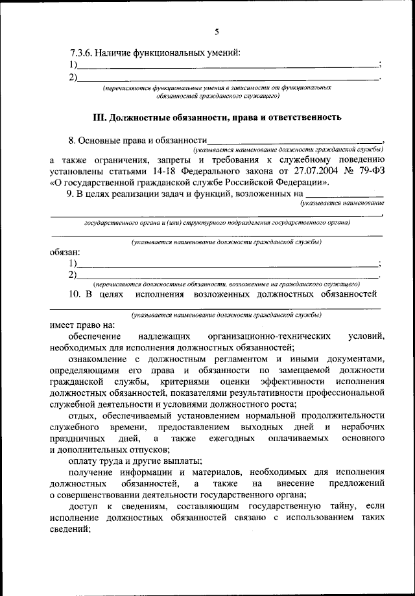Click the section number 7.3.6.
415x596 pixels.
pyautogui.click(x=80, y=52)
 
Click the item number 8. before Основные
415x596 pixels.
pyautogui.click(x=73, y=139)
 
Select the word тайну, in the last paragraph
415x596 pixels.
pyautogui.click(x=338, y=505)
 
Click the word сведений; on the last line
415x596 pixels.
pyautogui.click(x=68, y=529)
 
